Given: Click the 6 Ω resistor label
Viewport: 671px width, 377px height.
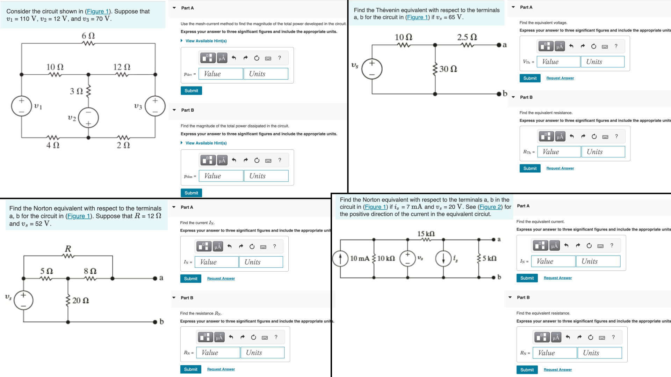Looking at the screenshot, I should [x=88, y=36].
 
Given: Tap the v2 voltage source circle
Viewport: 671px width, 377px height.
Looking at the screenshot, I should [x=88, y=118].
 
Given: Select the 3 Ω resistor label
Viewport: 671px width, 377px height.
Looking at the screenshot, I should [x=77, y=91].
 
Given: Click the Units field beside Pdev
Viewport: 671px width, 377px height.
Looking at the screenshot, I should [x=266, y=74].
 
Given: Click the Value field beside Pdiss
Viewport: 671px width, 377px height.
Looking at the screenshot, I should [x=221, y=176].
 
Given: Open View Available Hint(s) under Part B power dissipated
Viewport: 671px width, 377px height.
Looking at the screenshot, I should [x=206, y=143].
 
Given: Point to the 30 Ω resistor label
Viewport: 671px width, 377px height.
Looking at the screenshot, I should [x=448, y=69].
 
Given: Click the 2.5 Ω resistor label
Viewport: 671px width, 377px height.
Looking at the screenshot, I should [x=467, y=37].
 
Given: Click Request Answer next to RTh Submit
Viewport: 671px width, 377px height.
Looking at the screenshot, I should [x=560, y=168].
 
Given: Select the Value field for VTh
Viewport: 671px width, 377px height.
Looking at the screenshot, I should [x=558, y=62].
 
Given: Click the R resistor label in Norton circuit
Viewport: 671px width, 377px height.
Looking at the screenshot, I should [x=68, y=249].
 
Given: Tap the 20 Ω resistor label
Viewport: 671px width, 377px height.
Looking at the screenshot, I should [x=80, y=301].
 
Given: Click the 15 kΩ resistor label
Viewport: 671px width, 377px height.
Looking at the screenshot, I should [x=426, y=234].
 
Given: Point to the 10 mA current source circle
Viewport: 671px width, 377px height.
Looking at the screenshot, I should [x=340, y=259].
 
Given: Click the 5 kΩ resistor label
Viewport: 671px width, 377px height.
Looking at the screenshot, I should [x=489, y=258].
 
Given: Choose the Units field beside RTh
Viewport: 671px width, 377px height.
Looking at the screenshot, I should [x=603, y=152].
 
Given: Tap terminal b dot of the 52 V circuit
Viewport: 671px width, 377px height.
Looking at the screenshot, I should [x=155, y=321].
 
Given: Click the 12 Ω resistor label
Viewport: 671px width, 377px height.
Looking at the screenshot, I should [x=122, y=67].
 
